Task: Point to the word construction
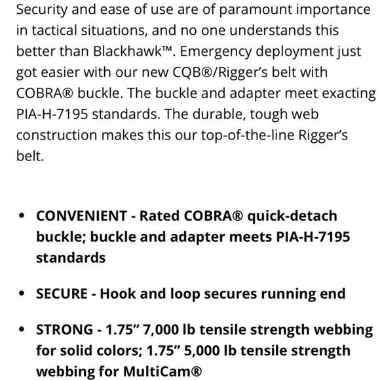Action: pyautogui.click(x=53, y=134)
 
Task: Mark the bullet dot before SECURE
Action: pyautogui.click(x=23, y=293)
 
